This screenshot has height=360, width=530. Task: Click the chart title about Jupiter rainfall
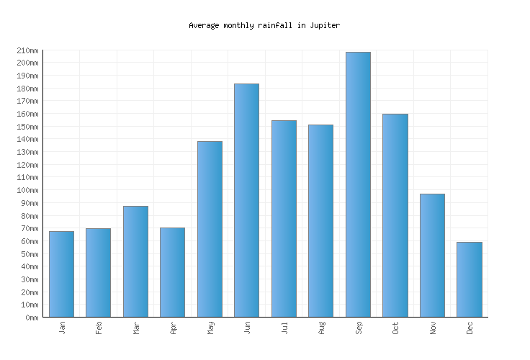(x=264, y=25)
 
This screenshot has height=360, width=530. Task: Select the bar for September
(x=358, y=184)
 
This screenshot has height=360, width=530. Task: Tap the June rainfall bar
(x=246, y=200)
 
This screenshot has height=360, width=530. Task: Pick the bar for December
(x=469, y=279)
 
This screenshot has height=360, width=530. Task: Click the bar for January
(x=61, y=274)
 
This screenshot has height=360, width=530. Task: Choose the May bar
(x=210, y=229)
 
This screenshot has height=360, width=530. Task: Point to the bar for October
(x=395, y=215)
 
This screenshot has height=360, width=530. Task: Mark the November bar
(x=432, y=255)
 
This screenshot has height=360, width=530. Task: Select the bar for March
(x=135, y=261)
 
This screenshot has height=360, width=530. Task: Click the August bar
(x=320, y=220)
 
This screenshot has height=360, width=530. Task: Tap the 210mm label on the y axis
(x=27, y=50)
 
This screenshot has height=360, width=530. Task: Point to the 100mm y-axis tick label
(x=27, y=190)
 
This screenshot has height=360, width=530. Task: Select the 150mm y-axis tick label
(x=27, y=127)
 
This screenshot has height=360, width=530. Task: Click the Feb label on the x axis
(x=99, y=328)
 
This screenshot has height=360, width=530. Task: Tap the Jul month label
(x=284, y=328)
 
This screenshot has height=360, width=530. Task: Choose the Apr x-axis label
(x=173, y=328)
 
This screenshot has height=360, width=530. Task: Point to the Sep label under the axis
(x=359, y=328)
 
